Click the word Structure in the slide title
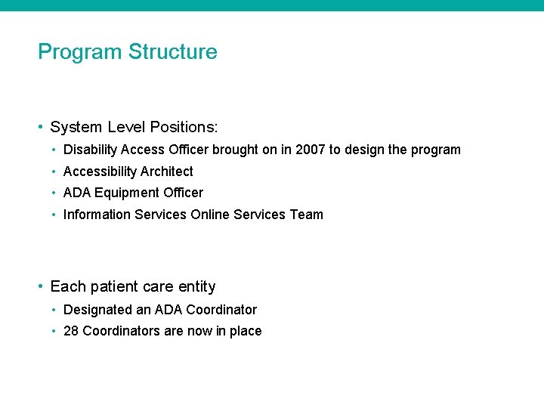(173, 52)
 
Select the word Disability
(90, 150)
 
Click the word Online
(210, 215)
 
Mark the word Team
(306, 215)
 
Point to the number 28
(71, 331)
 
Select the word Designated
(96, 310)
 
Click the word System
(73, 127)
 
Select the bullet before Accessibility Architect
(54, 172)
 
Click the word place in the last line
(246, 331)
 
